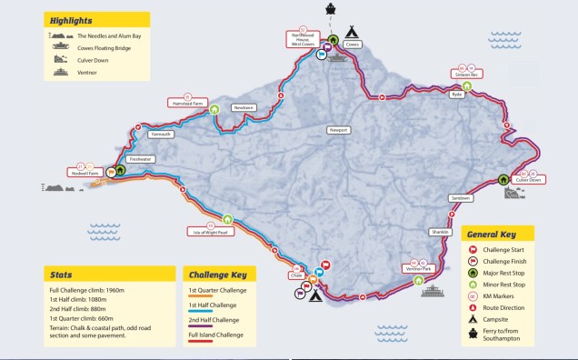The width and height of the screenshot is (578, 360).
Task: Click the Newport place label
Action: pos(339,130)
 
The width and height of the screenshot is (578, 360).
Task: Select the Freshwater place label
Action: pos(141,158)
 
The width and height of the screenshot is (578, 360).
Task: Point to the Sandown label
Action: pos(461,197)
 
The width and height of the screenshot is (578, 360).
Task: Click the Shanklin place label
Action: pos(441,232)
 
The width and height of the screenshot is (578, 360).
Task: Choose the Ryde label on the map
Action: pos(457,94)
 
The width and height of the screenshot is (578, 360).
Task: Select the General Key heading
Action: pos(495,233)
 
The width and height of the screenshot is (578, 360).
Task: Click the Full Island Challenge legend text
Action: pos(216,335)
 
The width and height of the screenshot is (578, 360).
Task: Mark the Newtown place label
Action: pos(243,107)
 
